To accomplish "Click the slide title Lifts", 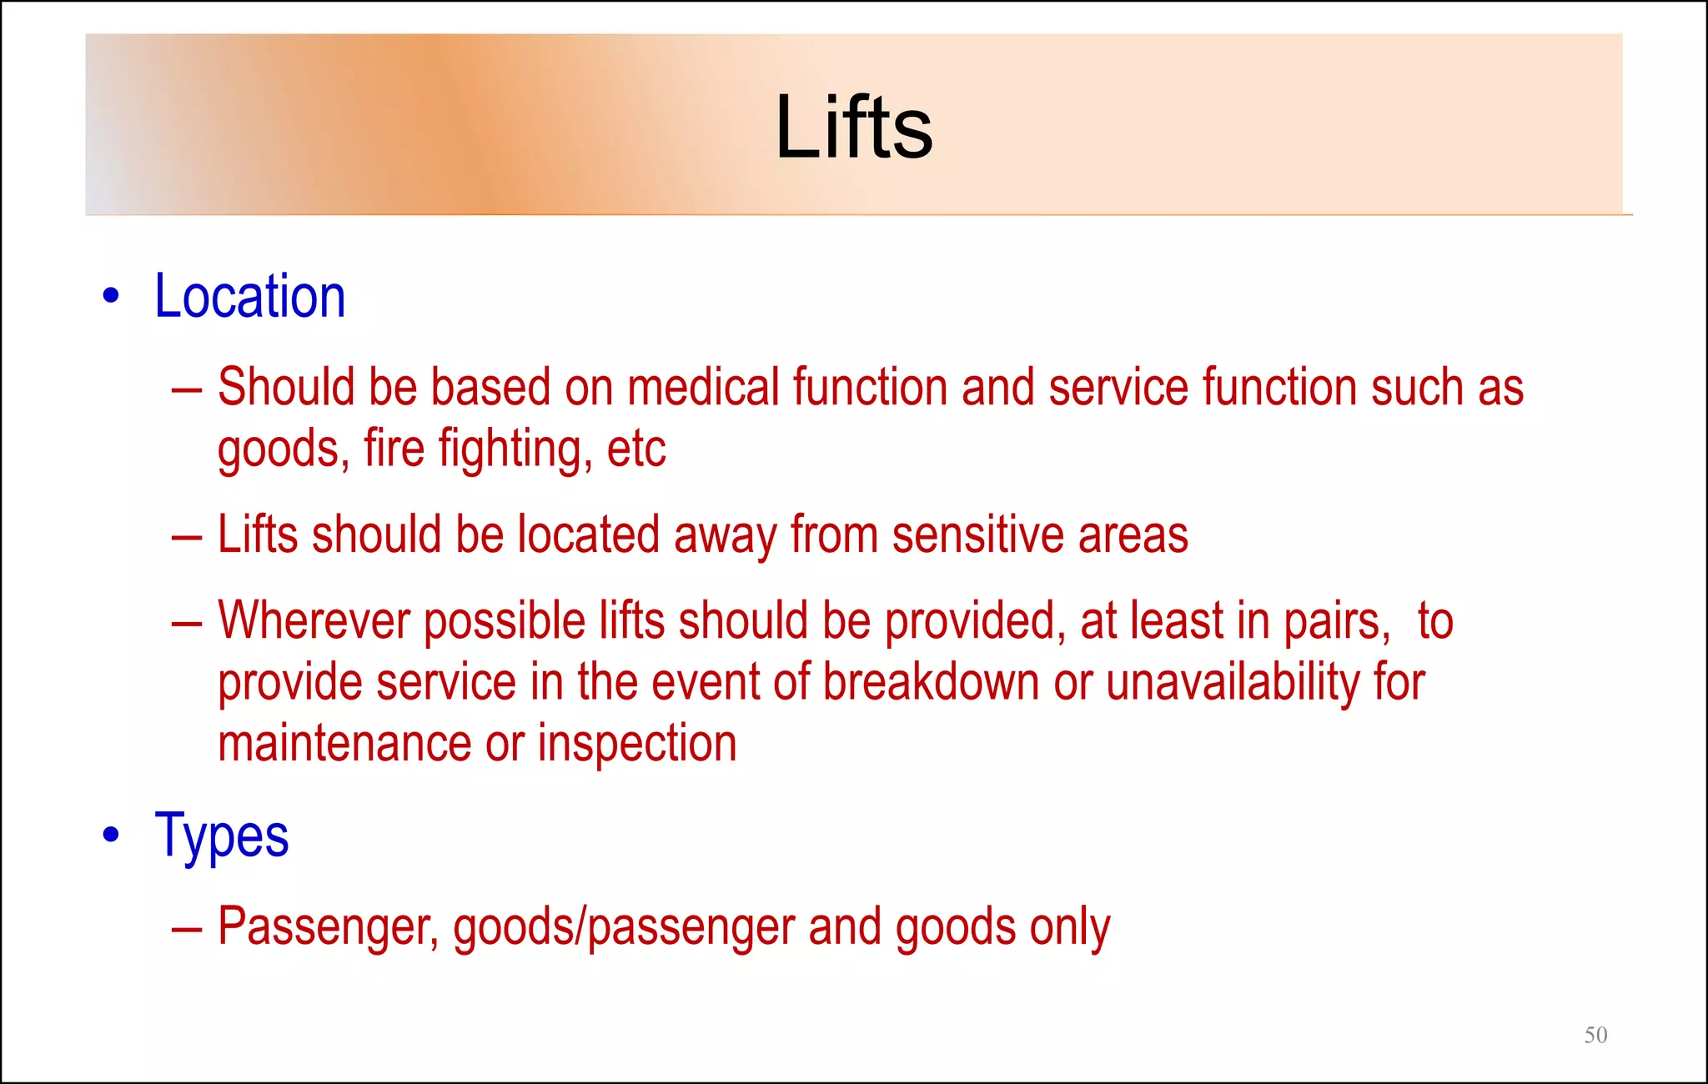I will point(853,128).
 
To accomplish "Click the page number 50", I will point(1595,1035).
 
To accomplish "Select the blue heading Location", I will point(249,297).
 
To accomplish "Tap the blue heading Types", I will point(222,836).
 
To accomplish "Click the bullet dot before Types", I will point(111,835).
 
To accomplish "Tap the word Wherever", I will point(314,621).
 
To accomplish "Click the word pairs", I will point(1337,621).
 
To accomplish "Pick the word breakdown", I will point(932,682).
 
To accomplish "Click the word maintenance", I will point(344,744).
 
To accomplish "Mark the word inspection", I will point(637,744).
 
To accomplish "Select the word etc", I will point(635,449).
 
